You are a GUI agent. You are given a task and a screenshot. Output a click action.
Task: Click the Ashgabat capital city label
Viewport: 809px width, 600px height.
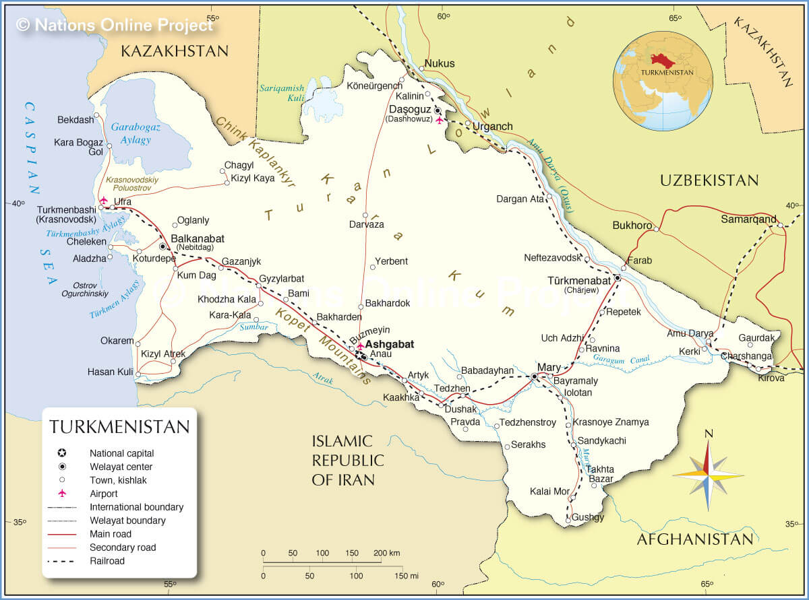coord(389,344)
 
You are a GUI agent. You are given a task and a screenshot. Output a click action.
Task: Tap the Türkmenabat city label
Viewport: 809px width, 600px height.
coord(579,279)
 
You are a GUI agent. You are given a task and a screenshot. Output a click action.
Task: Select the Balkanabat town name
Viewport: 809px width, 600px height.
coord(198,238)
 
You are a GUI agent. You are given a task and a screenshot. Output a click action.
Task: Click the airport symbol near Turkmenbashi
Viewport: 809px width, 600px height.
coord(102,200)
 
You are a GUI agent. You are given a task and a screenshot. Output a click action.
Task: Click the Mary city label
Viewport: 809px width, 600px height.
coord(549,367)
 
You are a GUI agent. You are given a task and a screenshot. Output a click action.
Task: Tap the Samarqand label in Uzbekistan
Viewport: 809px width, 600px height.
coord(748,219)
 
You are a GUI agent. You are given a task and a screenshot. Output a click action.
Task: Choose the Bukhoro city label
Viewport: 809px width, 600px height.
coord(632,225)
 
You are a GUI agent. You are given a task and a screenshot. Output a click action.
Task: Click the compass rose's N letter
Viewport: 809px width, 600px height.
coord(708,434)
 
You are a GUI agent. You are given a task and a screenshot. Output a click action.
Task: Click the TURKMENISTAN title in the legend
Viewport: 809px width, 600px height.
coord(119,427)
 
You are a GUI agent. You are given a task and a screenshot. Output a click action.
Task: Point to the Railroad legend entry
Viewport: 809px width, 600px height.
coord(107,561)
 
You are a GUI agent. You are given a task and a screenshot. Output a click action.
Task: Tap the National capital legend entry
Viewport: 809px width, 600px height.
coord(121,453)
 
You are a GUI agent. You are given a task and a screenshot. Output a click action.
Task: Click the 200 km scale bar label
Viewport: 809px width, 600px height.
coord(386,553)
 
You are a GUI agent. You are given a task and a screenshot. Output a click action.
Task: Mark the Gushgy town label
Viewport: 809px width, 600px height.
coord(588,517)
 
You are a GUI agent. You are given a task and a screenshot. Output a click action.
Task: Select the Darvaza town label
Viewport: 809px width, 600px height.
coord(367,224)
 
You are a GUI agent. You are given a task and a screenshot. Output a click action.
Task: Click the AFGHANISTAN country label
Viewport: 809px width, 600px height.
coord(694,539)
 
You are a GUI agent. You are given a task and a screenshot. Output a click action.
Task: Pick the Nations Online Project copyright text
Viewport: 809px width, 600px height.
coord(115,25)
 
